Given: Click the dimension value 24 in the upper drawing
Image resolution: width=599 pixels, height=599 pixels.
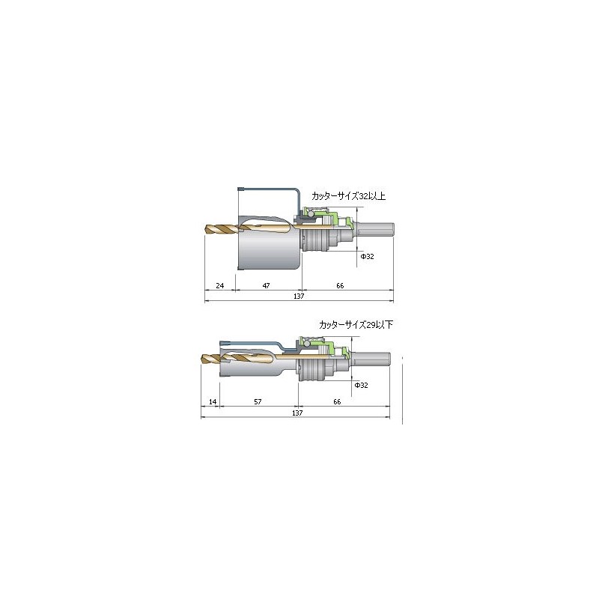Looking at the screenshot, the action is pyautogui.click(x=219, y=285).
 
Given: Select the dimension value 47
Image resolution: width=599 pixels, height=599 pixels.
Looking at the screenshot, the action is pyautogui.click(x=267, y=285).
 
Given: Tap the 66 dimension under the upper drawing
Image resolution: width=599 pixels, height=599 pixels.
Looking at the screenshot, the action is pyautogui.click(x=340, y=285).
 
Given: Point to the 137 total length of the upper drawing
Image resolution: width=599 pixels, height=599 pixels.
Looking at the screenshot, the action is pyautogui.click(x=299, y=296).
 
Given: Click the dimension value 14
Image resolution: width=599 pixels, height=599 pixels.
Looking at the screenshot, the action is pyautogui.click(x=213, y=401).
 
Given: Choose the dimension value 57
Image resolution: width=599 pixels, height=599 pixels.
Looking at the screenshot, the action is pyautogui.click(x=258, y=401).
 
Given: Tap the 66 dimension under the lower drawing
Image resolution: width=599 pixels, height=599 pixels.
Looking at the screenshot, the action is pyautogui.click(x=337, y=401).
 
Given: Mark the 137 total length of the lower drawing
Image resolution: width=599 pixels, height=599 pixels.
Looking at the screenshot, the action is pyautogui.click(x=297, y=413).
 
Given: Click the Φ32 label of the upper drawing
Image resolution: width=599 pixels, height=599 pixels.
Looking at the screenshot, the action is pyautogui.click(x=368, y=256).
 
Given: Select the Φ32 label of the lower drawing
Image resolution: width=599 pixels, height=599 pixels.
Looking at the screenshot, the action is pyautogui.click(x=362, y=385).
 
